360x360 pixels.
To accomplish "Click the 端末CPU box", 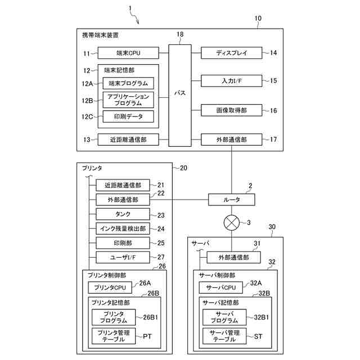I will (128, 53).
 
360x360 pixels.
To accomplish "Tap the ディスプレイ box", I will (231, 53).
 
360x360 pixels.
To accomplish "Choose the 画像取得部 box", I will (231, 110).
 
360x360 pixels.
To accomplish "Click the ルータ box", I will (231, 200).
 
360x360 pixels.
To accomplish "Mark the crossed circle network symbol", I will (231, 223).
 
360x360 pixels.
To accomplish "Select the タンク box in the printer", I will (123, 214).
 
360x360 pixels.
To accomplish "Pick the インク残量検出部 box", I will (123, 228).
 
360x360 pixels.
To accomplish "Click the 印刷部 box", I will (123, 243).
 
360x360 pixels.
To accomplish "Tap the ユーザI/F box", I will (123, 258).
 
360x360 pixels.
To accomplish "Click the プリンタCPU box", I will (110, 288).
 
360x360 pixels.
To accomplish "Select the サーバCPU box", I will (220, 288).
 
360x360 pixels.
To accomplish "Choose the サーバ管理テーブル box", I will (224, 336).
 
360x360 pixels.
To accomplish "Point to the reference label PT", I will (147, 336).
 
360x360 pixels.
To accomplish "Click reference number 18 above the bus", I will (180, 35).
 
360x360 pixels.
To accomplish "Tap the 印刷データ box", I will (128, 116).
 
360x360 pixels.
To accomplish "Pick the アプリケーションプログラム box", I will (128, 100).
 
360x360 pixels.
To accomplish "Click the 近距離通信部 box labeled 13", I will (128, 139).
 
